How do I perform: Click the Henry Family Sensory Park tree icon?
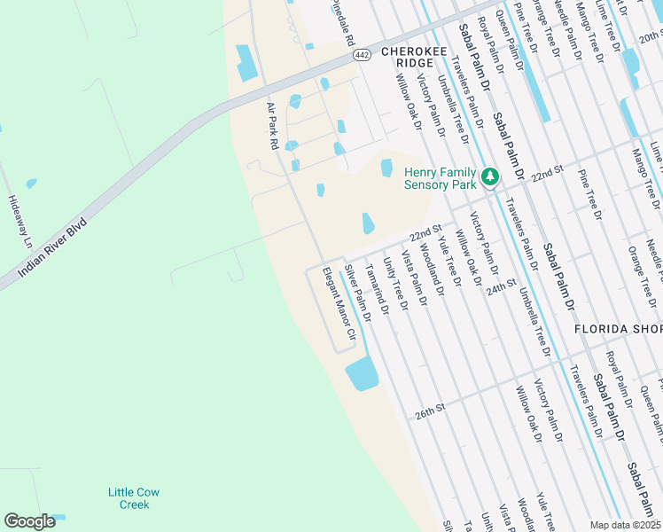[489, 178]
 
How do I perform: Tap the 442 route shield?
[361, 55]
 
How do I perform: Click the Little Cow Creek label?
[134, 498]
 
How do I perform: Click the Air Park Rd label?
[274, 125]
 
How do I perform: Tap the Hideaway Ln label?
[19, 222]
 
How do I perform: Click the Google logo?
[29, 521]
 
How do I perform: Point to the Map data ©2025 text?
[624, 525]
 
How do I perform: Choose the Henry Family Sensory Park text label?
[441, 178]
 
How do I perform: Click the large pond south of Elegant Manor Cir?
[362, 374]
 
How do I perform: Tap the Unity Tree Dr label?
[394, 284]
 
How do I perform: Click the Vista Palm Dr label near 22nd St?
[413, 278]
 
